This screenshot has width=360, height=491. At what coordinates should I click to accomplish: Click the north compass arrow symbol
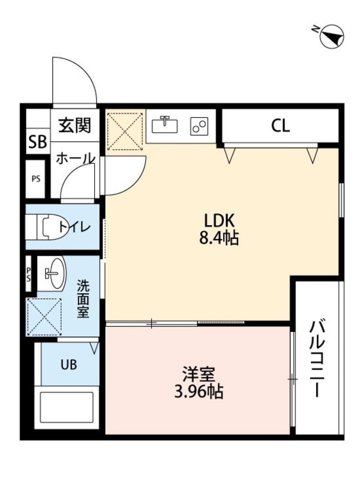(x=332, y=37)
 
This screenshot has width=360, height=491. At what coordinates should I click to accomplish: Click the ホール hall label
(x=75, y=158)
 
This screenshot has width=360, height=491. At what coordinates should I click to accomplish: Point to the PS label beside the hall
(x=37, y=178)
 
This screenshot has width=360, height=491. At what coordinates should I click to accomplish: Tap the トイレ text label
(x=75, y=227)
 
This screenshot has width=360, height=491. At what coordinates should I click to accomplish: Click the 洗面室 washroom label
(x=83, y=298)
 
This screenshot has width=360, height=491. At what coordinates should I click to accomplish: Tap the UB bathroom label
(x=67, y=363)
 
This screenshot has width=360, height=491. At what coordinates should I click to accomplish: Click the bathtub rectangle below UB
(x=66, y=412)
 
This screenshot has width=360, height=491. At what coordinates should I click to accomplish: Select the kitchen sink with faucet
(x=165, y=125)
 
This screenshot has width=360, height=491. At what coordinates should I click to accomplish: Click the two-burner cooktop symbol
(x=199, y=126)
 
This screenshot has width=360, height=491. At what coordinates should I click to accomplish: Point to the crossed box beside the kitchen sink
(x=125, y=130)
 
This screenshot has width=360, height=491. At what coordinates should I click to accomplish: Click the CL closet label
(x=280, y=126)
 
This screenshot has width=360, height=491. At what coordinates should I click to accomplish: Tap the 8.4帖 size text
(x=220, y=239)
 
